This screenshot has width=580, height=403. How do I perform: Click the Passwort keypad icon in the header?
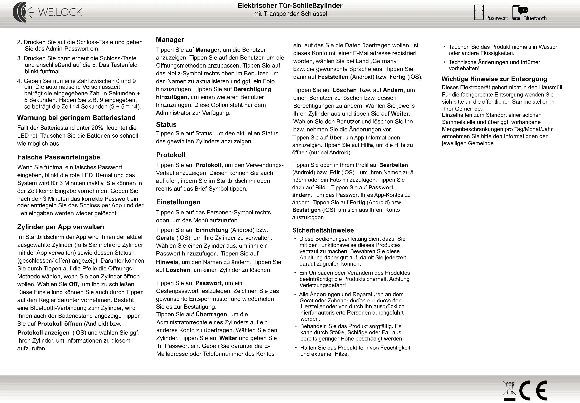coord(479,12)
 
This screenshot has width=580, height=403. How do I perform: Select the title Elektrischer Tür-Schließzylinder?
coord(290,6)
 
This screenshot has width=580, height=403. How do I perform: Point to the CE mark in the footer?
coord(533,390)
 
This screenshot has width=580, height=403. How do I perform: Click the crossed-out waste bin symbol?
coord(509,389)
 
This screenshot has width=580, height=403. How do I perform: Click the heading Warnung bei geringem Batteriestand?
coord(76,118)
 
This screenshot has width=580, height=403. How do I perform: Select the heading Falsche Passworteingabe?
coord(59,157)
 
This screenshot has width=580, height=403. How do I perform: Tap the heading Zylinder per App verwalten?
coord(60,227)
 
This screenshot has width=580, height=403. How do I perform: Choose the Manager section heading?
coord(170,40)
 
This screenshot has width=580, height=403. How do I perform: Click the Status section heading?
coord(166,125)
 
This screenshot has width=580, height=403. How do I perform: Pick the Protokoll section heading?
coord(171,155)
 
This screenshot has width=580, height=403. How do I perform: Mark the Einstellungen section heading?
coord(178,202)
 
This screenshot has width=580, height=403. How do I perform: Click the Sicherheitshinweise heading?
coord(323,230)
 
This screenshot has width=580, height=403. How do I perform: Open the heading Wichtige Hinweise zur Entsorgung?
coord(494,79)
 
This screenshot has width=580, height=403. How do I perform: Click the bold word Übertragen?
coord(211,314)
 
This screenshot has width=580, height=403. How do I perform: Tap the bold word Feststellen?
coord(333,77)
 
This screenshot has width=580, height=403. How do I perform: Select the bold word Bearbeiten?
coord(393,165)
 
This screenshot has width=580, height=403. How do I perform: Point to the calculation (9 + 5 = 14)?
coord(125,107)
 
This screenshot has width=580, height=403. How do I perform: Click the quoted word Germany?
coord(385,61)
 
